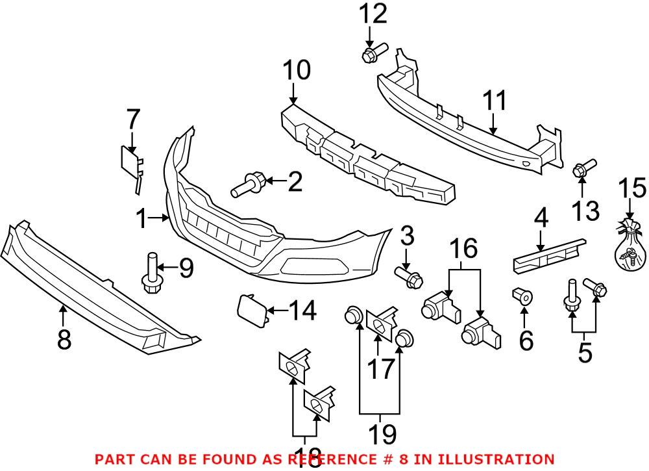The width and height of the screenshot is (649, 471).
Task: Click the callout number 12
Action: click(373, 13)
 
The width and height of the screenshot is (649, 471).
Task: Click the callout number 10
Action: click(295, 70)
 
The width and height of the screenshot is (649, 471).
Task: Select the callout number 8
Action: click(64, 339)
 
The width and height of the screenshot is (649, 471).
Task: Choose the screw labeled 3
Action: click(408, 278)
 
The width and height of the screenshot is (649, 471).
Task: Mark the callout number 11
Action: click(495, 101)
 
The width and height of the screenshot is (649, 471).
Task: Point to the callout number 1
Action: click(142, 220)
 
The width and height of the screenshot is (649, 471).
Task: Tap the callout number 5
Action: click(585, 352)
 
